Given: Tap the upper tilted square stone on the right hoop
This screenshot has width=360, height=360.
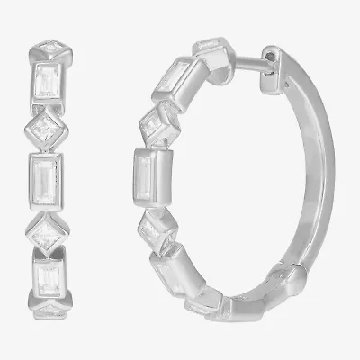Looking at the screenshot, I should click(x=159, y=120).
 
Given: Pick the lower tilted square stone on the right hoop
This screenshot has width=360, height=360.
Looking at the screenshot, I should click(x=158, y=235).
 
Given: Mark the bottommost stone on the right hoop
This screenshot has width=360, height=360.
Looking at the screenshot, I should click(x=203, y=305).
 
